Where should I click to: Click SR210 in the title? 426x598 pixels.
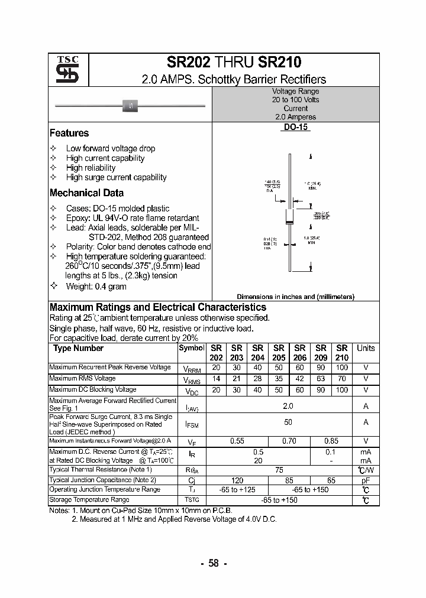(279, 63)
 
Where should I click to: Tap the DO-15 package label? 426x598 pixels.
(295, 126)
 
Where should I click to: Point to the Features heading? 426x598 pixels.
(69, 133)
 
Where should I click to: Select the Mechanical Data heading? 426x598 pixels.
(86, 193)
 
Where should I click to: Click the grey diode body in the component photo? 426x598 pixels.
(130, 106)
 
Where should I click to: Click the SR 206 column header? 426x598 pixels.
(300, 353)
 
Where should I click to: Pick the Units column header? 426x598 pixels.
(366, 348)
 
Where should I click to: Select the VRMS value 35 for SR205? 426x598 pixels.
(279, 379)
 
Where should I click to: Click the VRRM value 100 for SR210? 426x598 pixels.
(341, 368)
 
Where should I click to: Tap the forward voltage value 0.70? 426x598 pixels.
(289, 441)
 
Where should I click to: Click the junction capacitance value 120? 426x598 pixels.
(236, 480)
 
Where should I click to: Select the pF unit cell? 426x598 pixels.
(366, 480)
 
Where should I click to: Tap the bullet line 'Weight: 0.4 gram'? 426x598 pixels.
(96, 286)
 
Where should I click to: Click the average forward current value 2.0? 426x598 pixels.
(288, 406)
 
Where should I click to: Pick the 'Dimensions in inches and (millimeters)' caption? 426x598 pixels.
(295, 297)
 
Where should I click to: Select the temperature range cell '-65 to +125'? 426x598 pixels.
(236, 490)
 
